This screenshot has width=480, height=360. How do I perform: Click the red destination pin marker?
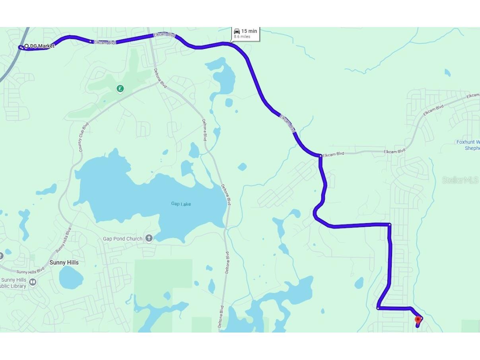click(x=418, y=320)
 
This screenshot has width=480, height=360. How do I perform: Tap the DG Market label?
click(x=42, y=46)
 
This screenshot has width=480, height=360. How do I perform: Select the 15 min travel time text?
click(x=249, y=31)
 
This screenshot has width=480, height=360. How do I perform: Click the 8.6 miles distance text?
click(x=242, y=37)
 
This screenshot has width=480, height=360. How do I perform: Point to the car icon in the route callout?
click(x=237, y=31)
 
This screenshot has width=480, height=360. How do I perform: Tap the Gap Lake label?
click(x=181, y=204)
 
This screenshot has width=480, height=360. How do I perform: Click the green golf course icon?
click(x=120, y=89)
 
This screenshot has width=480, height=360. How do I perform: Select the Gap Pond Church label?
click(x=122, y=239)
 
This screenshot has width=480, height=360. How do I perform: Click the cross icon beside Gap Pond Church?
click(x=149, y=238)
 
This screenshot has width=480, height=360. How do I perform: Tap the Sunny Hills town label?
click(x=64, y=263)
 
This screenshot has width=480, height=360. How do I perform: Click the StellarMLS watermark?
click(x=460, y=180)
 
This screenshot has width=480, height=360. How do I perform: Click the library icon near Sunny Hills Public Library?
click(x=33, y=282)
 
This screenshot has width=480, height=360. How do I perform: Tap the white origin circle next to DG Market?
click(x=26, y=46)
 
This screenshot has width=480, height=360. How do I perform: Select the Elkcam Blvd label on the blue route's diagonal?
click(x=288, y=124)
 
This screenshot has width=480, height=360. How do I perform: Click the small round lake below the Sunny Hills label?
click(x=71, y=277)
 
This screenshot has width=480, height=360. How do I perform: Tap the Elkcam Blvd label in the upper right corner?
click(x=473, y=95)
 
